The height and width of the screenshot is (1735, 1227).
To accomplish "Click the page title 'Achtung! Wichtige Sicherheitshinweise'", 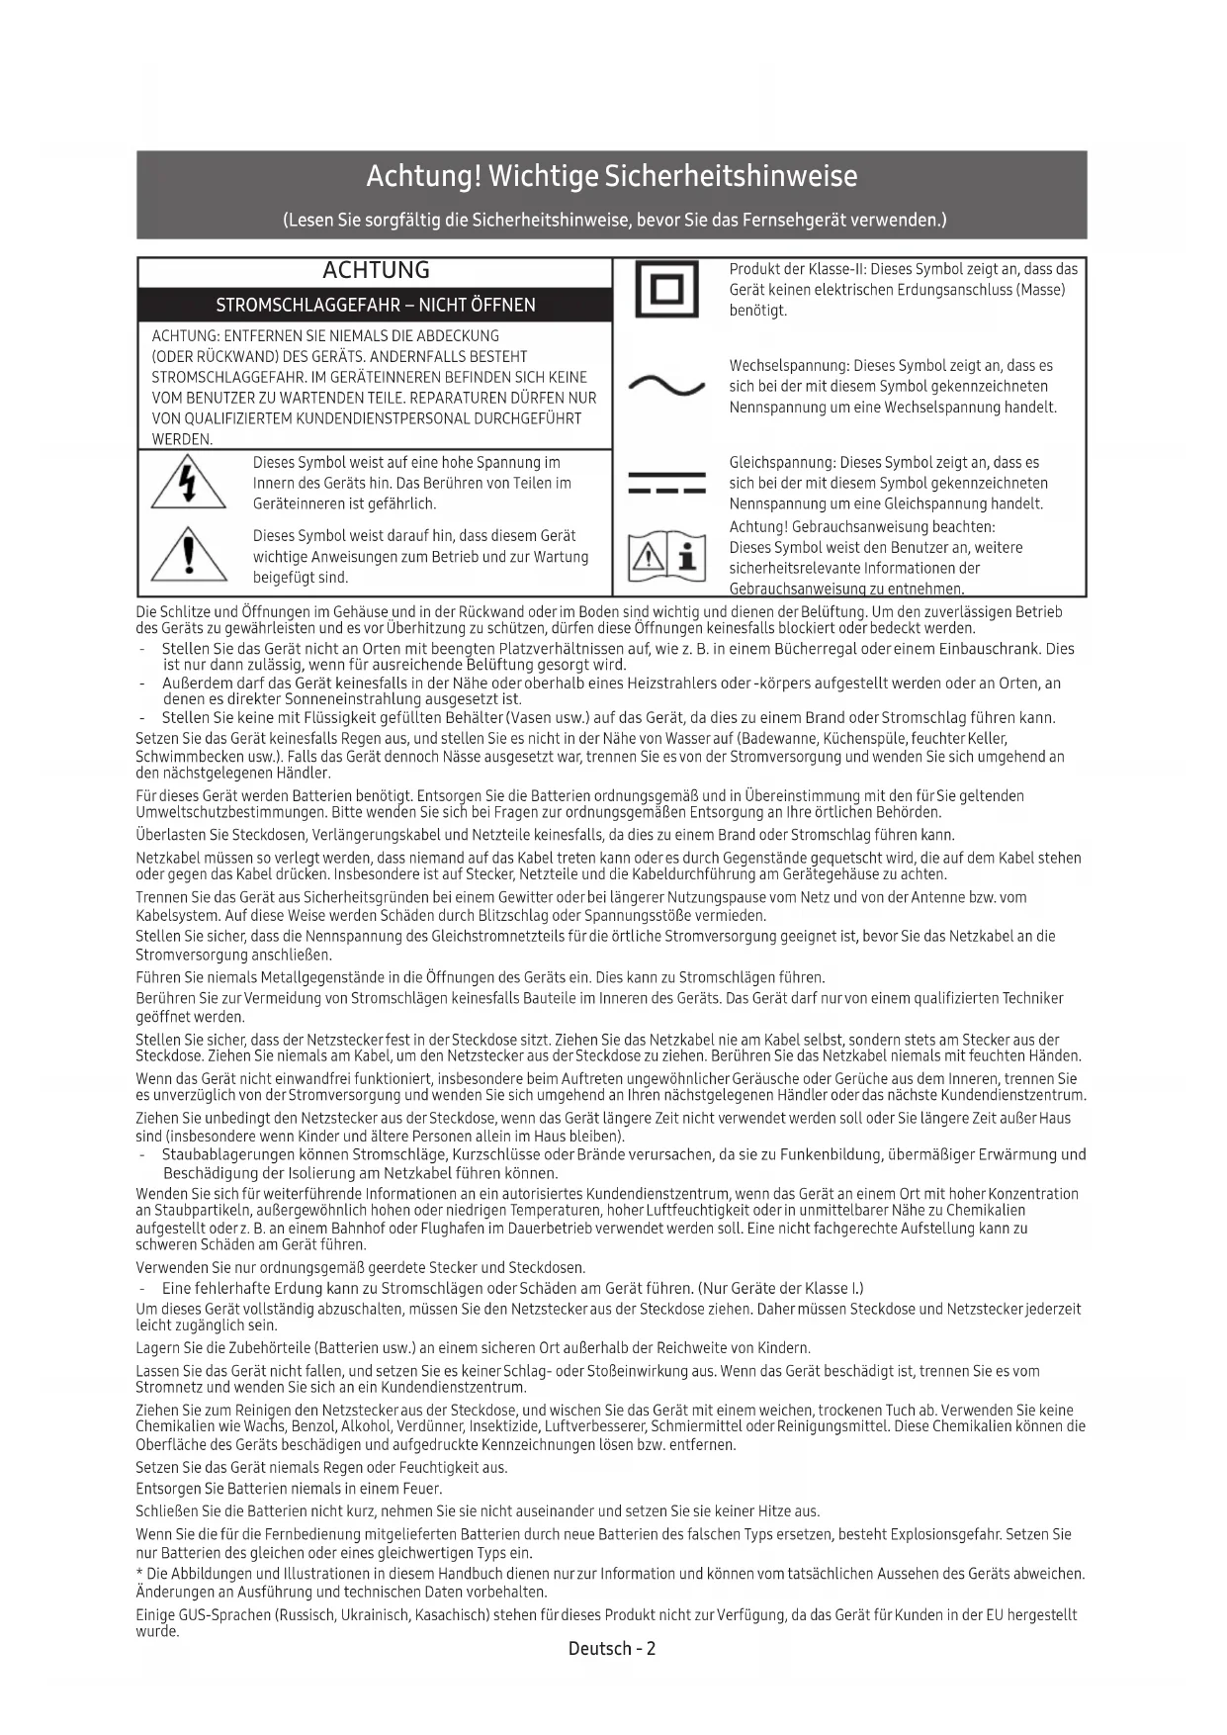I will pyautogui.click(x=612, y=177).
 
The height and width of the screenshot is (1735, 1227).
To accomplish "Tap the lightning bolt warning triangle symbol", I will pyautogui.click(x=188, y=485).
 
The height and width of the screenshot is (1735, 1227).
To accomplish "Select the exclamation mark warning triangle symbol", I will pyautogui.click(x=188, y=555).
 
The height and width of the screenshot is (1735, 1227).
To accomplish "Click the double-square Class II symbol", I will pyautogui.click(x=665, y=290).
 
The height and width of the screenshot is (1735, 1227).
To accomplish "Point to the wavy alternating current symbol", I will pyautogui.click(x=666, y=386).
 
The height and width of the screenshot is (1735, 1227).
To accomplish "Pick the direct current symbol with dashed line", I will pyautogui.click(x=666, y=484).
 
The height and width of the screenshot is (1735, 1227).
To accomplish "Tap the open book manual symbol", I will pyautogui.click(x=666, y=557).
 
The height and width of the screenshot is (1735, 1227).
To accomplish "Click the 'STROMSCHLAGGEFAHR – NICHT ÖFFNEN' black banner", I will pyautogui.click(x=376, y=305).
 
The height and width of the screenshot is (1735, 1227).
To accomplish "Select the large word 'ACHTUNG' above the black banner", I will pyautogui.click(x=376, y=271).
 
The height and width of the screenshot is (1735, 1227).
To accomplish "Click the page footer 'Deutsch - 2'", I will pyautogui.click(x=612, y=1648).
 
